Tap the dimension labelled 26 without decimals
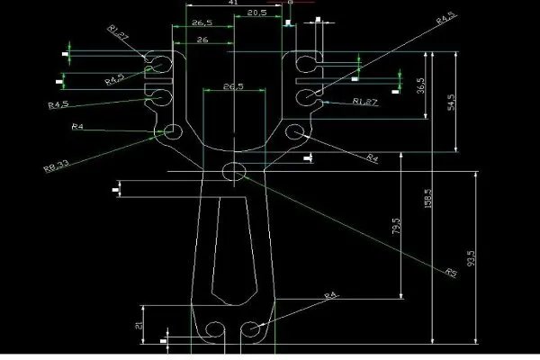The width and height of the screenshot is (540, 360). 202,41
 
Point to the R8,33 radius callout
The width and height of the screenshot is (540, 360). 56,166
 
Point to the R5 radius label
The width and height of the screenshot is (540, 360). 451,271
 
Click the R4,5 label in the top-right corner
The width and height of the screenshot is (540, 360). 447,18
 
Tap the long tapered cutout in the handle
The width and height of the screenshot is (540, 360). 236,252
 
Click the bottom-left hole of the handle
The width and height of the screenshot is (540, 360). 215,331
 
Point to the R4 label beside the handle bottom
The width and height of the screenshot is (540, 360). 330,294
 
